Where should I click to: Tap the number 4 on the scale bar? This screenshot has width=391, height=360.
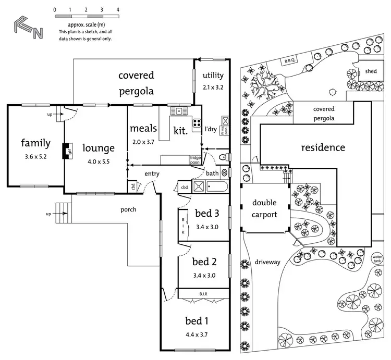(x=118, y=10)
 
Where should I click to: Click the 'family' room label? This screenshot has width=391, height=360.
(x=35, y=143)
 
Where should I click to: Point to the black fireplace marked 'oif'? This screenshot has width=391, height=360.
(x=67, y=152)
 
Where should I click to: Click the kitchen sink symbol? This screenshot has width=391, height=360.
(x=179, y=111)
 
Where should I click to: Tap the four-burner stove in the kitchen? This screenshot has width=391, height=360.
(x=198, y=123)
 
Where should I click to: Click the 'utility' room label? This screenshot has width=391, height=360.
(x=213, y=76)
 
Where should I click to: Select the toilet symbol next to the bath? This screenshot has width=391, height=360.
(x=222, y=156)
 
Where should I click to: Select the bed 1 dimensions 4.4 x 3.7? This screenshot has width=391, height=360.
(x=197, y=334)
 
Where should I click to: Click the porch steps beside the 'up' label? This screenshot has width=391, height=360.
(x=62, y=210)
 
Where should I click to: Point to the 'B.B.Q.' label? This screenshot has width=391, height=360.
(x=290, y=61)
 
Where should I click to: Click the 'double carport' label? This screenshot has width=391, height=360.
(x=264, y=208)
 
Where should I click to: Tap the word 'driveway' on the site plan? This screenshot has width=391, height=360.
(x=268, y=262)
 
